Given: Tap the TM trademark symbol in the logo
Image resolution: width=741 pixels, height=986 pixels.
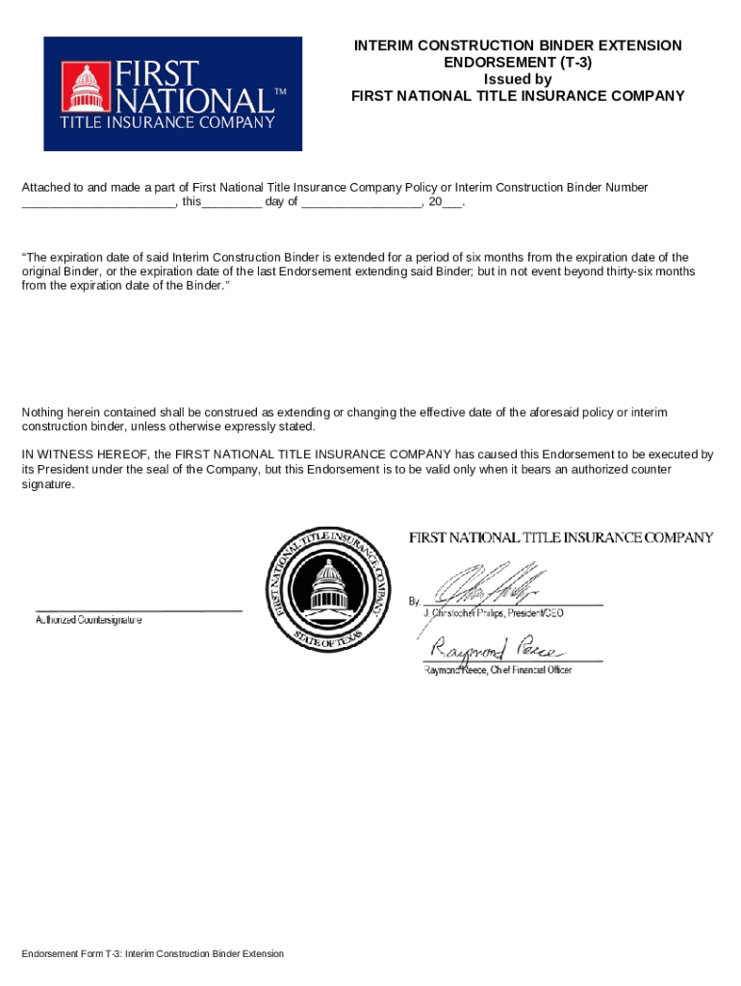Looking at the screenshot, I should click(x=281, y=92).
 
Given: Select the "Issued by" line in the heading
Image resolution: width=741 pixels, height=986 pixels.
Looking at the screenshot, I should click(x=518, y=79).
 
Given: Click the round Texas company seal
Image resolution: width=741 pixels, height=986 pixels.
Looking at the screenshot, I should click(x=330, y=589).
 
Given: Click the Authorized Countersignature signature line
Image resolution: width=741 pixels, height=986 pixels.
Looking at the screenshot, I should click(x=139, y=610).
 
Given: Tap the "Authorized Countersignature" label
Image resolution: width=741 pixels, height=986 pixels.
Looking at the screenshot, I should click(x=89, y=621).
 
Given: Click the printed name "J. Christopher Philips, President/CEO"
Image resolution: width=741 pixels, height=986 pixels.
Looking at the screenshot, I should click(x=494, y=613).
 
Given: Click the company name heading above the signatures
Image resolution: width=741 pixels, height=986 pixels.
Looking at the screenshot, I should click(x=561, y=537).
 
